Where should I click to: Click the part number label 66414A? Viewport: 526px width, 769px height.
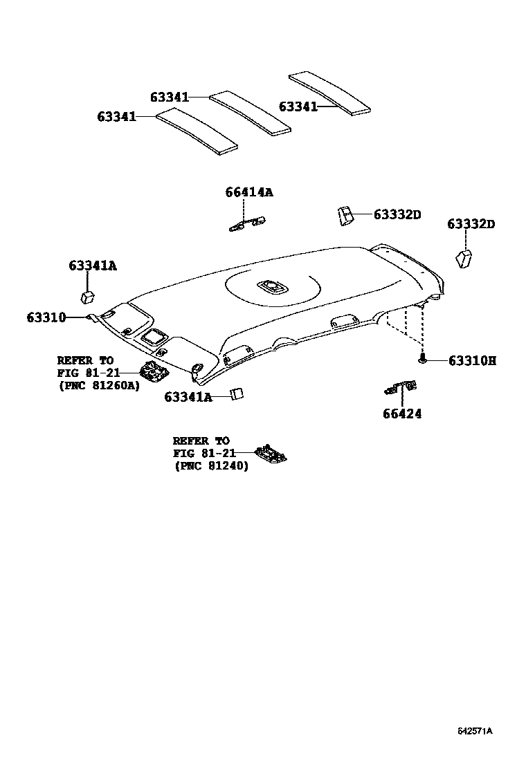coord(248,192)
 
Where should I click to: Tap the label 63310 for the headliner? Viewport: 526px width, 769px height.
coord(46,317)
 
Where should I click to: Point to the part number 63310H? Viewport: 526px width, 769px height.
coord(472,360)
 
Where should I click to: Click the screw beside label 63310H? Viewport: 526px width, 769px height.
coord(421,360)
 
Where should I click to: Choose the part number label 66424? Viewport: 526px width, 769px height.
coord(401,414)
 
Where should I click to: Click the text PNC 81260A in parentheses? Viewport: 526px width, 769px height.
coord(98,385)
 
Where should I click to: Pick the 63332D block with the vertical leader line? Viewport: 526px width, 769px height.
coord(463,259)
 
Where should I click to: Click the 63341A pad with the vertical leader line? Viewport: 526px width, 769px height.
coord(88,297)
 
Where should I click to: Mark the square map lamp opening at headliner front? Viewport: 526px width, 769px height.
coord(152,337)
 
